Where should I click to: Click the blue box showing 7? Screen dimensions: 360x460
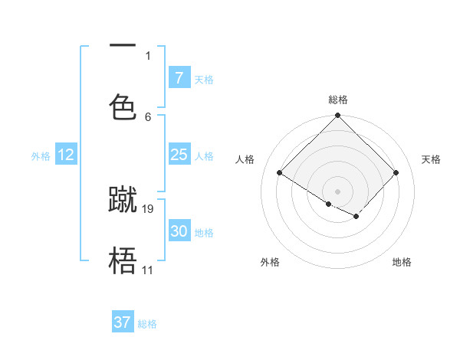click(179, 78)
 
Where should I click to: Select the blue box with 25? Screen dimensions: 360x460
click(179, 155)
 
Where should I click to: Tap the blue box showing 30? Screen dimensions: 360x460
click(179, 231)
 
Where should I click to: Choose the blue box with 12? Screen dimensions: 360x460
click(66, 155)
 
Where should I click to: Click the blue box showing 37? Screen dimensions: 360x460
click(123, 322)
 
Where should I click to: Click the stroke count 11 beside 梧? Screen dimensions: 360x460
click(147, 270)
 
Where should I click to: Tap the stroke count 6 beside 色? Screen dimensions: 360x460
click(148, 116)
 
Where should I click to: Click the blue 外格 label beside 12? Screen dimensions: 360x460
click(41, 155)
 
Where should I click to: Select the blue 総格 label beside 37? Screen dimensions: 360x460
click(147, 324)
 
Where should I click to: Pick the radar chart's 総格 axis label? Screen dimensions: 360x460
click(337, 100)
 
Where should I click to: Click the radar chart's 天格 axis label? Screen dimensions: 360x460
click(431, 159)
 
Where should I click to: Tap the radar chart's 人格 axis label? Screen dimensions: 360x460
click(245, 159)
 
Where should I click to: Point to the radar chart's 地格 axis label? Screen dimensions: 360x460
click(402, 262)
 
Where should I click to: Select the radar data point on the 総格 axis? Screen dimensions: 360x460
click(337, 116)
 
